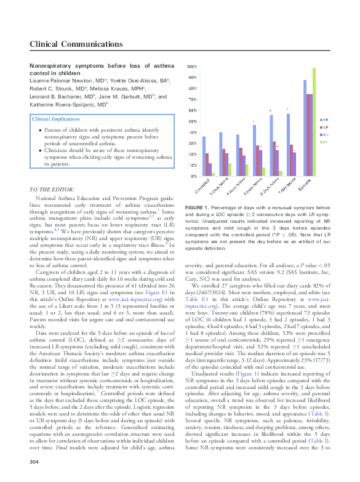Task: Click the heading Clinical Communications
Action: coord(75,44)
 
